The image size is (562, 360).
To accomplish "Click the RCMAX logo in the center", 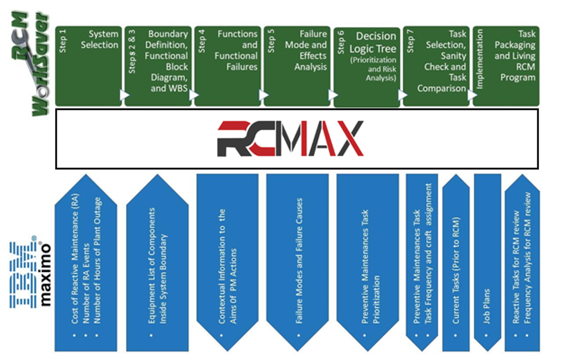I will pyautogui.click(x=290, y=139).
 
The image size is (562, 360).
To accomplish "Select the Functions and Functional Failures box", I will pyautogui.click(x=236, y=50).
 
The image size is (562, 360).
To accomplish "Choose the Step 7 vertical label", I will pyautogui.click(x=410, y=41).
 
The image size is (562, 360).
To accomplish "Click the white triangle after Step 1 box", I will pyautogui.click(x=123, y=95).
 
